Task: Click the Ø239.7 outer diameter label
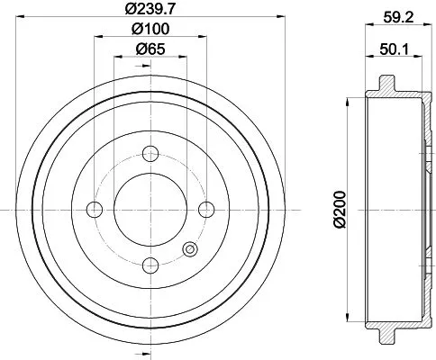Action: pos(150,10)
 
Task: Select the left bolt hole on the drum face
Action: pos(95,210)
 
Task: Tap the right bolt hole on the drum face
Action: pos(206,210)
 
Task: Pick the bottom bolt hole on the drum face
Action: pos(150,265)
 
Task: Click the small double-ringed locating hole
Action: pos(190,249)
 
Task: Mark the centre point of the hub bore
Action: pos(150,210)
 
